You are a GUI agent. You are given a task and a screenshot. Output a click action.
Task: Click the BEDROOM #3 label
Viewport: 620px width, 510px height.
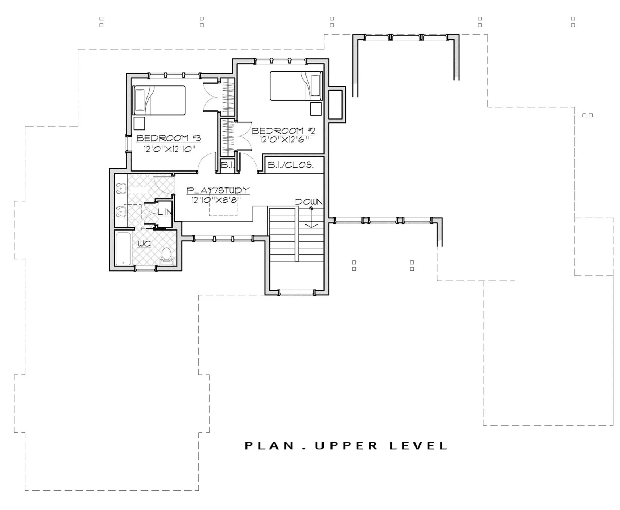pos(169,138)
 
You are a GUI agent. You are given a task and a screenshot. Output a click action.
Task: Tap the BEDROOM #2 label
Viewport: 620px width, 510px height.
pos(283,131)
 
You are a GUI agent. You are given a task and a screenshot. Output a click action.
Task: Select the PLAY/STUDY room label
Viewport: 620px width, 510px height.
pos(218,191)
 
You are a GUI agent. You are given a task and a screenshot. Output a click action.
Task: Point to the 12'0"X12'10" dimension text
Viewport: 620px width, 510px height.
pos(170,149)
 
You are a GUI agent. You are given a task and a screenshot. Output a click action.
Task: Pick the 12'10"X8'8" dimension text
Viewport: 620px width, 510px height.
pos(216,200)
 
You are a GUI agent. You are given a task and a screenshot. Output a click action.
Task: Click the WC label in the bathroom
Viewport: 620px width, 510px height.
pos(144,244)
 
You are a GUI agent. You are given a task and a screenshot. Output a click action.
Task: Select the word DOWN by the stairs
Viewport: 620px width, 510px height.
pos(309,202)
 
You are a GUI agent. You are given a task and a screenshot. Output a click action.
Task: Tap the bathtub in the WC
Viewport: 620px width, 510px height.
pos(123,248)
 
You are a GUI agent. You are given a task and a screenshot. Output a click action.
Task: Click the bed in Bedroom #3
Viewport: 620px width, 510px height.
pos(159,100)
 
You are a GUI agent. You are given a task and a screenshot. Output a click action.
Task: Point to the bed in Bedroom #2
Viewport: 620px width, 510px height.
pos(296,86)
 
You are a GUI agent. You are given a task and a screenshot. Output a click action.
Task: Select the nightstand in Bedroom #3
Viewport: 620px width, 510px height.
pos(139,123)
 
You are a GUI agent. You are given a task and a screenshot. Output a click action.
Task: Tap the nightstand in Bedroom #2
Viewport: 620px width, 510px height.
pos(316,109)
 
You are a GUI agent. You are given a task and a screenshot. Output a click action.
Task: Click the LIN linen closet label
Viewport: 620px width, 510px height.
pos(165,212)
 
